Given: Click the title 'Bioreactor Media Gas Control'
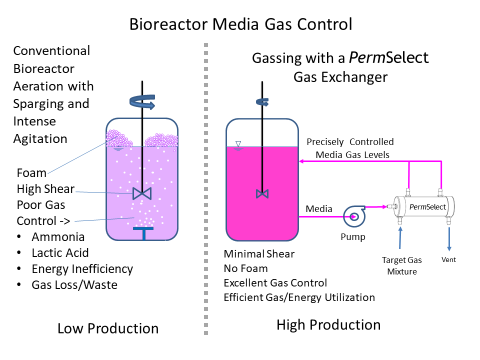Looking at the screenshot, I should [240, 22].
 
